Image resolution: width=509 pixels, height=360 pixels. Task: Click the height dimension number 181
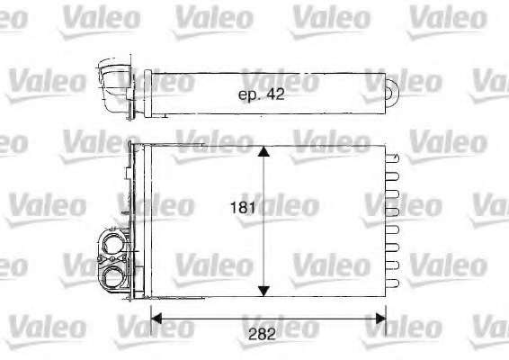click(244, 206)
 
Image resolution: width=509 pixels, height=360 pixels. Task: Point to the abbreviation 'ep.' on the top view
click(247, 95)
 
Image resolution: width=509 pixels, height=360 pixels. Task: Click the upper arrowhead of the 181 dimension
click(263, 154)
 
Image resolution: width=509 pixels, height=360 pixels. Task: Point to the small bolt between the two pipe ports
click(101, 260)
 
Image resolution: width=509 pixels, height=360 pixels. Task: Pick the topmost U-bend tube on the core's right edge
click(393, 156)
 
